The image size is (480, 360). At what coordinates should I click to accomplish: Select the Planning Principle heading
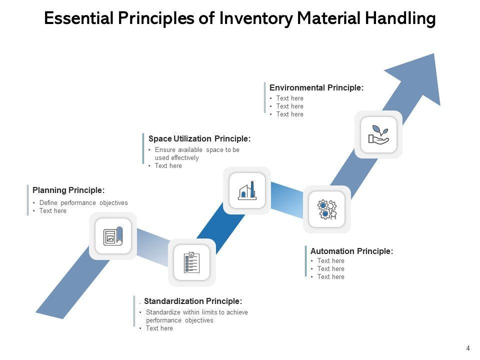[68, 190]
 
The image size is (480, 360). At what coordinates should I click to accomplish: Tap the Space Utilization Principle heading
[199, 138]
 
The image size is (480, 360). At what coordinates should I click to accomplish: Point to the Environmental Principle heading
[316, 87]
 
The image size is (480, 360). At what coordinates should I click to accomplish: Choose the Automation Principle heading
[351, 251]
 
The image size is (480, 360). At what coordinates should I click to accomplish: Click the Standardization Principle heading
[193, 301]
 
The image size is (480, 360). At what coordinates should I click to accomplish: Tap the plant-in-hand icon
[378, 134]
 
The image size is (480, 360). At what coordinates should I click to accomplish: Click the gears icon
[327, 209]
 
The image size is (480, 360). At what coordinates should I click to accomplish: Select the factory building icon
[247, 190]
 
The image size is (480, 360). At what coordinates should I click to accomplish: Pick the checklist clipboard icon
[192, 262]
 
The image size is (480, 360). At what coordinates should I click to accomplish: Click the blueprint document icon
[113, 236]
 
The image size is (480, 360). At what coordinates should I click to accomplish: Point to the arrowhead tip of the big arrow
[434, 55]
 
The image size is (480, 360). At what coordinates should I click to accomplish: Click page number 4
[468, 348]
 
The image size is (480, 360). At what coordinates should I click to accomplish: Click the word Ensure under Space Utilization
[164, 149]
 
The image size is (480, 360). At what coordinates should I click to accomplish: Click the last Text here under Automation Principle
[330, 276]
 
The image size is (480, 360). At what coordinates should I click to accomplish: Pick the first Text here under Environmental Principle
[289, 98]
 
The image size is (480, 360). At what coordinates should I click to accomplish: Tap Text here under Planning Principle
[52, 211]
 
